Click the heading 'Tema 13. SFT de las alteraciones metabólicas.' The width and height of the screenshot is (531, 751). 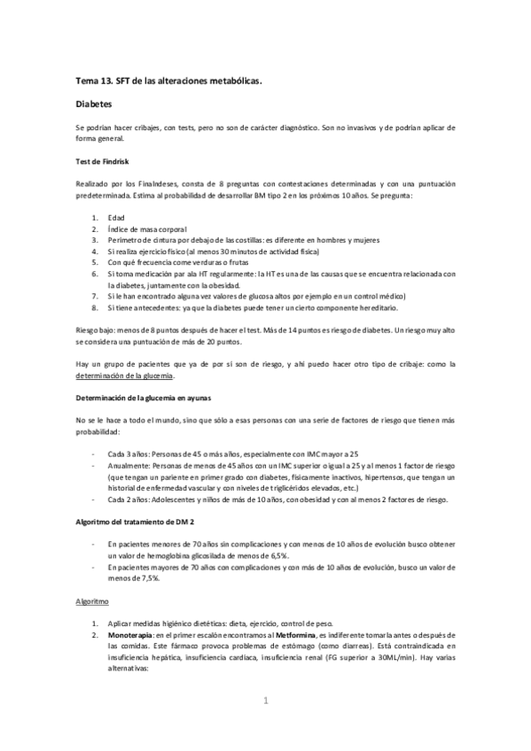[168, 81]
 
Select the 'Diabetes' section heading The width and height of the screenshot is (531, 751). [93, 104]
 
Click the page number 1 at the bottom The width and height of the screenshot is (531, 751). [265, 704]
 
